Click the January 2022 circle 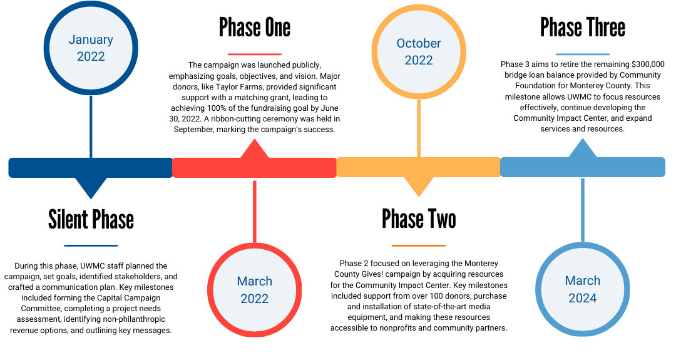(x=91, y=48)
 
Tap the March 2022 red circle (x=254, y=289)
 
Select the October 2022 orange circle (x=418, y=52)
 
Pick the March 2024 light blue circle (x=582, y=289)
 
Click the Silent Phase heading (x=91, y=219)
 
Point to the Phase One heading (x=254, y=28)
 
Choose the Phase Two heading (x=419, y=219)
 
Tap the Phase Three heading (x=582, y=28)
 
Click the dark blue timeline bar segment (x=91, y=168)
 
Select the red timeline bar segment (x=254, y=168)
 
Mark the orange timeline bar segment (x=418, y=168)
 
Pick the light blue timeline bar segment (x=582, y=168)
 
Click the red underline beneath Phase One (x=254, y=54)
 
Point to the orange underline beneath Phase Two (x=419, y=245)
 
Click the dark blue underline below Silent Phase (x=91, y=245)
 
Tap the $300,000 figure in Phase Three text (x=648, y=64)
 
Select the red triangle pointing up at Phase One (x=254, y=149)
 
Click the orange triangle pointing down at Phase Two (x=418, y=187)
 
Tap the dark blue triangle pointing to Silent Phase (x=91, y=187)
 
